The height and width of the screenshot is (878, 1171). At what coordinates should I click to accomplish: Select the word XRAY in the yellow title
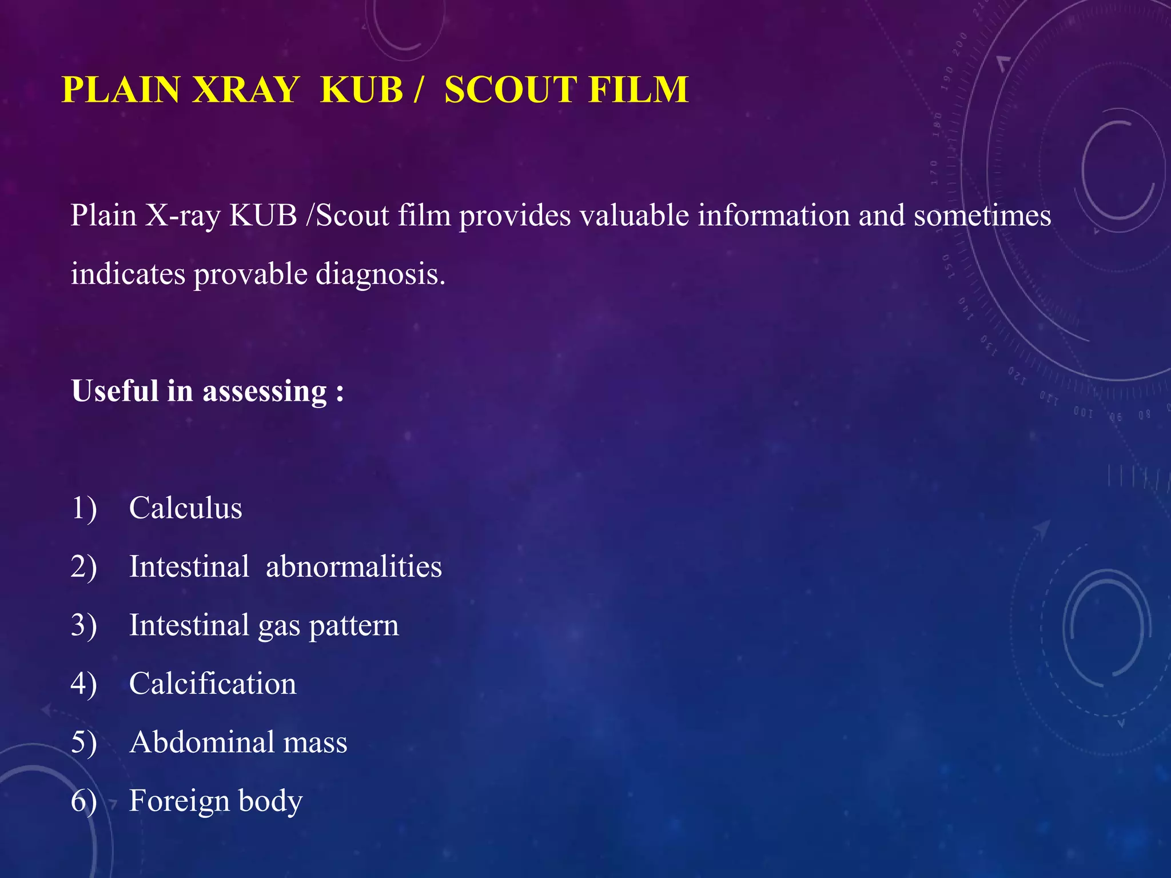pyautogui.click(x=245, y=90)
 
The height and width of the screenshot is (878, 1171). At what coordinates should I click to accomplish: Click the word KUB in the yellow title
pyautogui.click(x=362, y=90)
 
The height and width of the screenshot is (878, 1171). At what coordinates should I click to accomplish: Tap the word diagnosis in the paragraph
pyautogui.click(x=380, y=274)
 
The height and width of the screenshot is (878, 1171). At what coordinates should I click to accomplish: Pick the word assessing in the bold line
pyautogui.click(x=265, y=392)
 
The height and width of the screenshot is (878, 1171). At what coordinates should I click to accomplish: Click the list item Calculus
pyautogui.click(x=185, y=508)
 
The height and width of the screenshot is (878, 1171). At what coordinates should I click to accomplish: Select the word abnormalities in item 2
pyautogui.click(x=353, y=566)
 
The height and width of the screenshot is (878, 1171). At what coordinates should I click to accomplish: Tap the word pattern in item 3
pyautogui.click(x=353, y=625)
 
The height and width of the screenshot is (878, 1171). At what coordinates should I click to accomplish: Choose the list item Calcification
pyautogui.click(x=213, y=684)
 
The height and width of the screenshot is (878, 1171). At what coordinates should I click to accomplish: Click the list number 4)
pyautogui.click(x=84, y=684)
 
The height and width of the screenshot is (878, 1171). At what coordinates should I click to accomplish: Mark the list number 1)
pyautogui.click(x=84, y=508)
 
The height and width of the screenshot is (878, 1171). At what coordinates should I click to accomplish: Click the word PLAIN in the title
pyautogui.click(x=121, y=90)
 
